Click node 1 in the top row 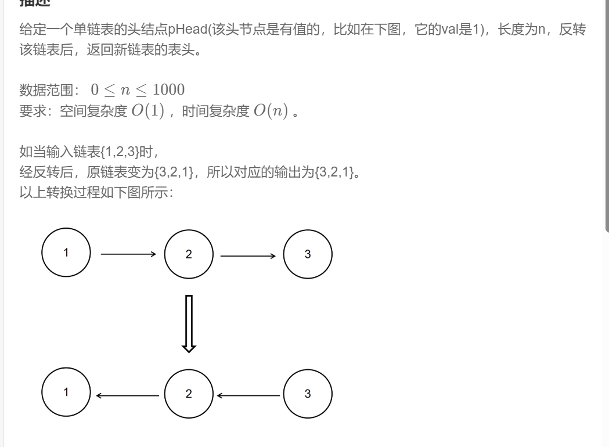66,253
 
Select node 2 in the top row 189,254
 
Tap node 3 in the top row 308,254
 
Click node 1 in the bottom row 66,393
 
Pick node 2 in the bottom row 189,394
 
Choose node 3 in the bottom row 308,394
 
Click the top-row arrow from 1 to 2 128,254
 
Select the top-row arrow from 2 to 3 248,254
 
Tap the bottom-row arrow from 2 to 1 128,395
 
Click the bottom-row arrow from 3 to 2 248,395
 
